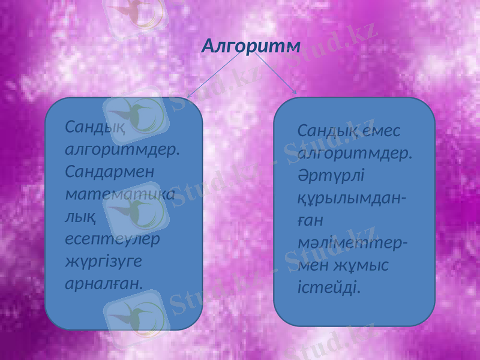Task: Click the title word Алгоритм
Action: pyautogui.click(x=251, y=46)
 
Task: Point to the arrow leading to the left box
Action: pyautogui.click(x=216, y=74)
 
